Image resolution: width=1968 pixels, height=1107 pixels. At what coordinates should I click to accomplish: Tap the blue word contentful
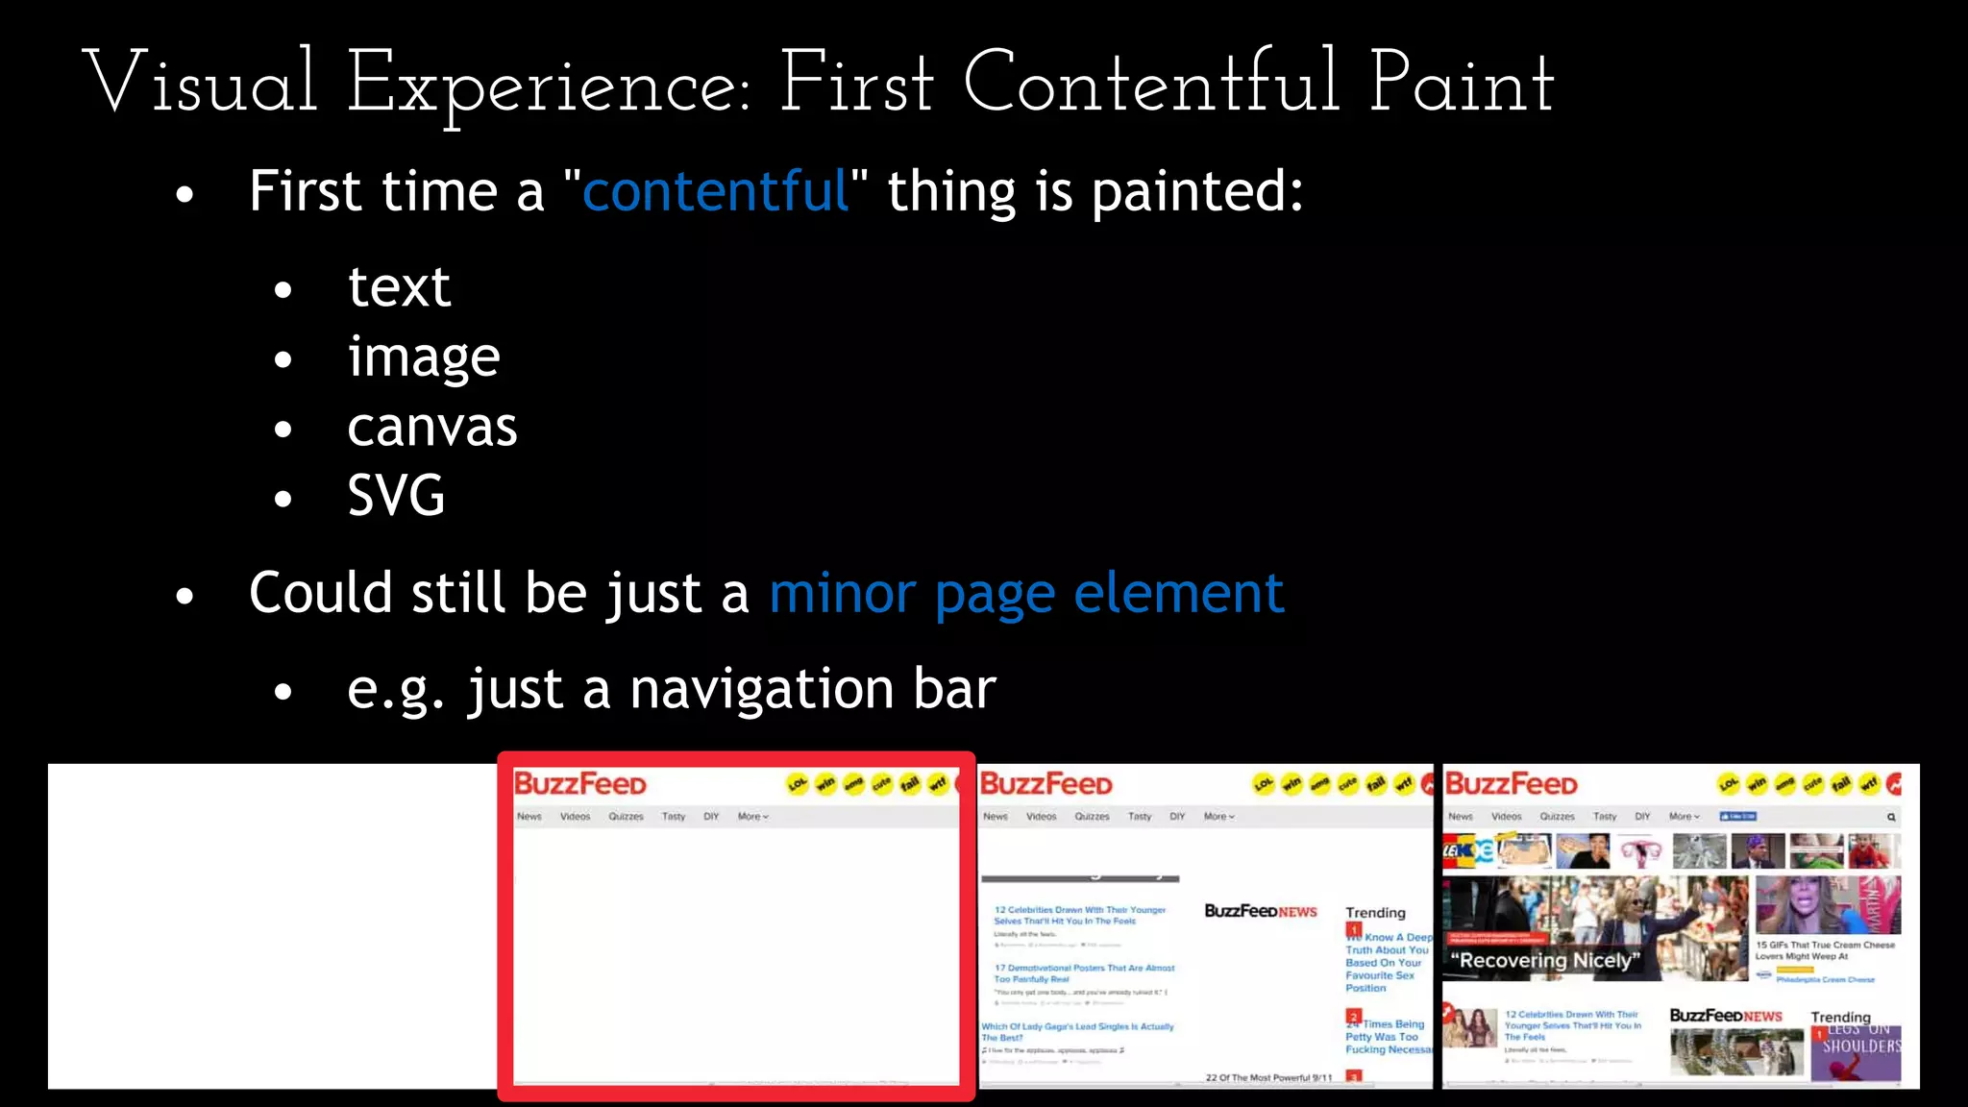[x=716, y=190]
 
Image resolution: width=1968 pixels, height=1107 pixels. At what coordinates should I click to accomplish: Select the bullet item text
[x=399, y=286]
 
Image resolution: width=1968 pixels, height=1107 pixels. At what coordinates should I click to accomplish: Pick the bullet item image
[x=424, y=357]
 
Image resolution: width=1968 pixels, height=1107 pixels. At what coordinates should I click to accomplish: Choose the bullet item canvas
[x=431, y=427]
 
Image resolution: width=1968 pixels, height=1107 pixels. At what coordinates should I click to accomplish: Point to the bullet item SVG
[x=396, y=496]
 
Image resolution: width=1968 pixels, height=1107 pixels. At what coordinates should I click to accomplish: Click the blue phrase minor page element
[x=1026, y=593]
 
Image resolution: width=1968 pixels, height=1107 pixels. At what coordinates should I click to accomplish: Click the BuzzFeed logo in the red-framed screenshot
[x=580, y=784]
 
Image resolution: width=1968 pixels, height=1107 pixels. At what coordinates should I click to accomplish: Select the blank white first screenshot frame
[x=273, y=925]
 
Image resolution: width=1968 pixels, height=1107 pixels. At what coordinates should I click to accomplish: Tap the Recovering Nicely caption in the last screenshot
[x=1545, y=960]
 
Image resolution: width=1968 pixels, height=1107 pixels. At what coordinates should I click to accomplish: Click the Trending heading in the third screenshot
[x=1375, y=913]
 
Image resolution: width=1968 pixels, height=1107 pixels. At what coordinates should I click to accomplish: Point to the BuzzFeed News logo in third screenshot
[x=1261, y=911]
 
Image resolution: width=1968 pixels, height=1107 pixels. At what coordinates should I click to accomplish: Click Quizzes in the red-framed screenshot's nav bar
[x=626, y=817]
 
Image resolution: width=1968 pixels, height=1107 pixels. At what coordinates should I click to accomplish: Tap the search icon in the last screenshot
[x=1891, y=818]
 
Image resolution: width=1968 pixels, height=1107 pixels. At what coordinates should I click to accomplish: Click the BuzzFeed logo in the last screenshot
[x=1511, y=784]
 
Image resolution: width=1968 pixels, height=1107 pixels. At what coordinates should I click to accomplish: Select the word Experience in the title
[x=548, y=85]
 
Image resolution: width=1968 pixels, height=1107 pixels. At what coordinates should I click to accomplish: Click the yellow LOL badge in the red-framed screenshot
[x=798, y=784]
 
